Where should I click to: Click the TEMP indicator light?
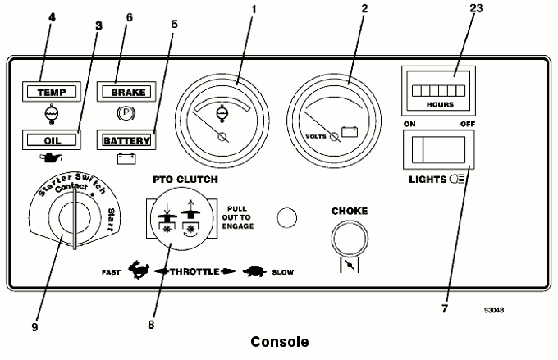pos(52,92)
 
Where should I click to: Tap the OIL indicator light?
pos(52,140)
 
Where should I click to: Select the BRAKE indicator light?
pos(126,92)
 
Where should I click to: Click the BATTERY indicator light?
pos(126,140)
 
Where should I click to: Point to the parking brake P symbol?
pos(126,113)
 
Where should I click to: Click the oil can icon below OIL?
pos(50,157)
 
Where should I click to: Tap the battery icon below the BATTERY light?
pos(126,158)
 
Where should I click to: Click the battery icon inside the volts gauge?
pos(350,132)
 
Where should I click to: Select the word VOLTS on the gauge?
pos(316,136)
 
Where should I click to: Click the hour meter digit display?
pos(438,91)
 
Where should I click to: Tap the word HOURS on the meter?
pos(440,105)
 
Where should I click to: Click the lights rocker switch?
pos(438,150)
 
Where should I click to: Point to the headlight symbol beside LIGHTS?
pos(457,179)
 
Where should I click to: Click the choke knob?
pos(350,239)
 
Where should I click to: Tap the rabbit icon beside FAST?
pos(138,270)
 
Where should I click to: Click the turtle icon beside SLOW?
pos(254,271)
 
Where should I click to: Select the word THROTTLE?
pos(194,271)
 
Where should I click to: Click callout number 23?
pos(476,8)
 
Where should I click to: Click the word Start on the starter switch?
pos(111,220)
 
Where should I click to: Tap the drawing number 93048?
pos(494,310)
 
